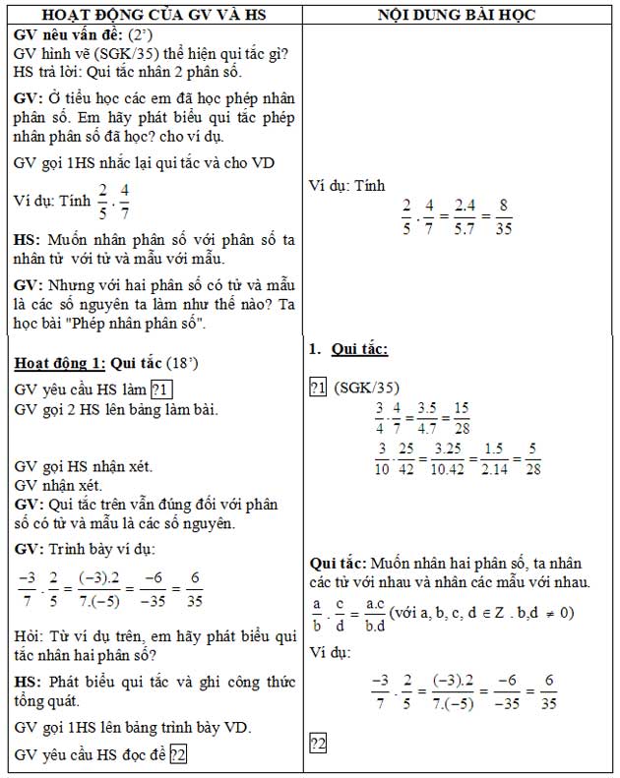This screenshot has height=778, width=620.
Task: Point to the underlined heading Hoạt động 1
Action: pos(58,363)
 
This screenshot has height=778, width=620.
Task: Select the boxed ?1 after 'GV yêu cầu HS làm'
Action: pos(162,388)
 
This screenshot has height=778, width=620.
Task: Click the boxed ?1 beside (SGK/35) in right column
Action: pos(318,388)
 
